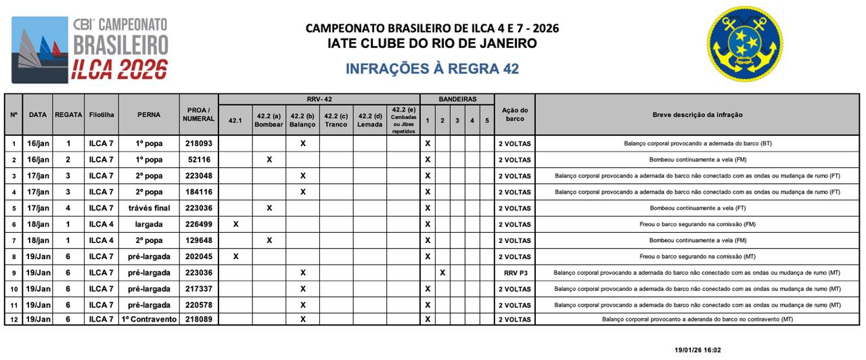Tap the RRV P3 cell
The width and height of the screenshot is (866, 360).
514,273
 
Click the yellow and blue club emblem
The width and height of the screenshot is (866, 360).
745,44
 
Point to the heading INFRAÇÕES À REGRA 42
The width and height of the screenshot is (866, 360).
432,69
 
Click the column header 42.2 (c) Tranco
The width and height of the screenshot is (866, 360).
336,120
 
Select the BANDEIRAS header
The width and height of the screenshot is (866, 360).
457,99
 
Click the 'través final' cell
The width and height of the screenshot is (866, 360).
148,208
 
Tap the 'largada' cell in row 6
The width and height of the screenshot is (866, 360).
148,224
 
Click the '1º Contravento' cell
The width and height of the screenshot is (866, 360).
148,319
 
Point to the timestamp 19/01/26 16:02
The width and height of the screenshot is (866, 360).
698,350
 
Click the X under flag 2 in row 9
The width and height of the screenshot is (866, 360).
442,273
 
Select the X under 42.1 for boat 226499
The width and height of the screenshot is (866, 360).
235,224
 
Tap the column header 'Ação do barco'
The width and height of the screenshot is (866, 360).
514,114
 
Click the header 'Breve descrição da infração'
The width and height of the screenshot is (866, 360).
698,114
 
